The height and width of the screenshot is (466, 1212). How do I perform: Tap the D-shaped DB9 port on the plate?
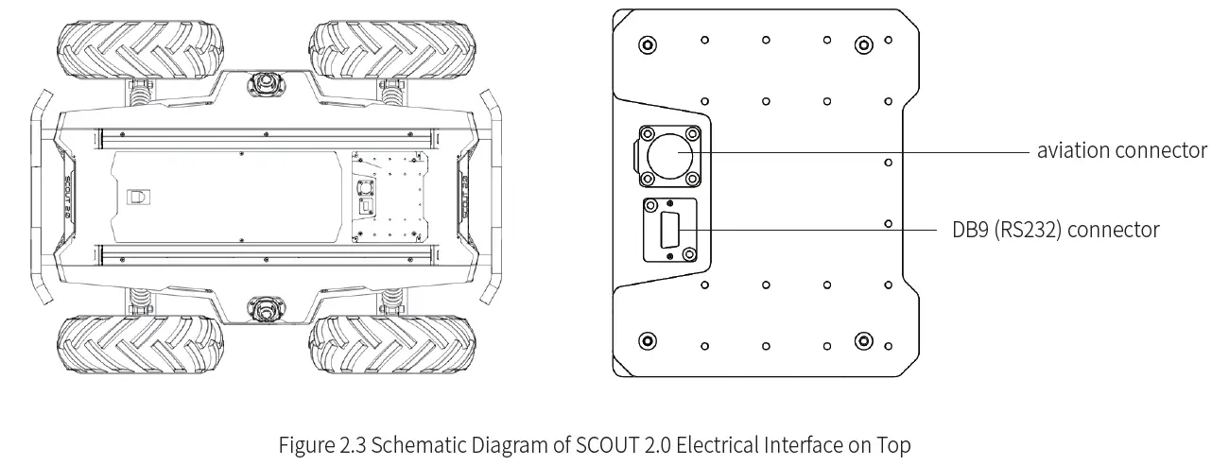point(670,230)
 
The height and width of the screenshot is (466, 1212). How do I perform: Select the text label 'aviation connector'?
point(1121,150)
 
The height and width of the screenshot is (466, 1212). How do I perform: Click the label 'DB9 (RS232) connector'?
point(1055,230)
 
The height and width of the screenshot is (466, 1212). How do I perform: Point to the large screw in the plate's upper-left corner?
point(647,44)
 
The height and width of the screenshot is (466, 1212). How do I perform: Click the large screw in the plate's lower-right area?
point(862,341)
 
